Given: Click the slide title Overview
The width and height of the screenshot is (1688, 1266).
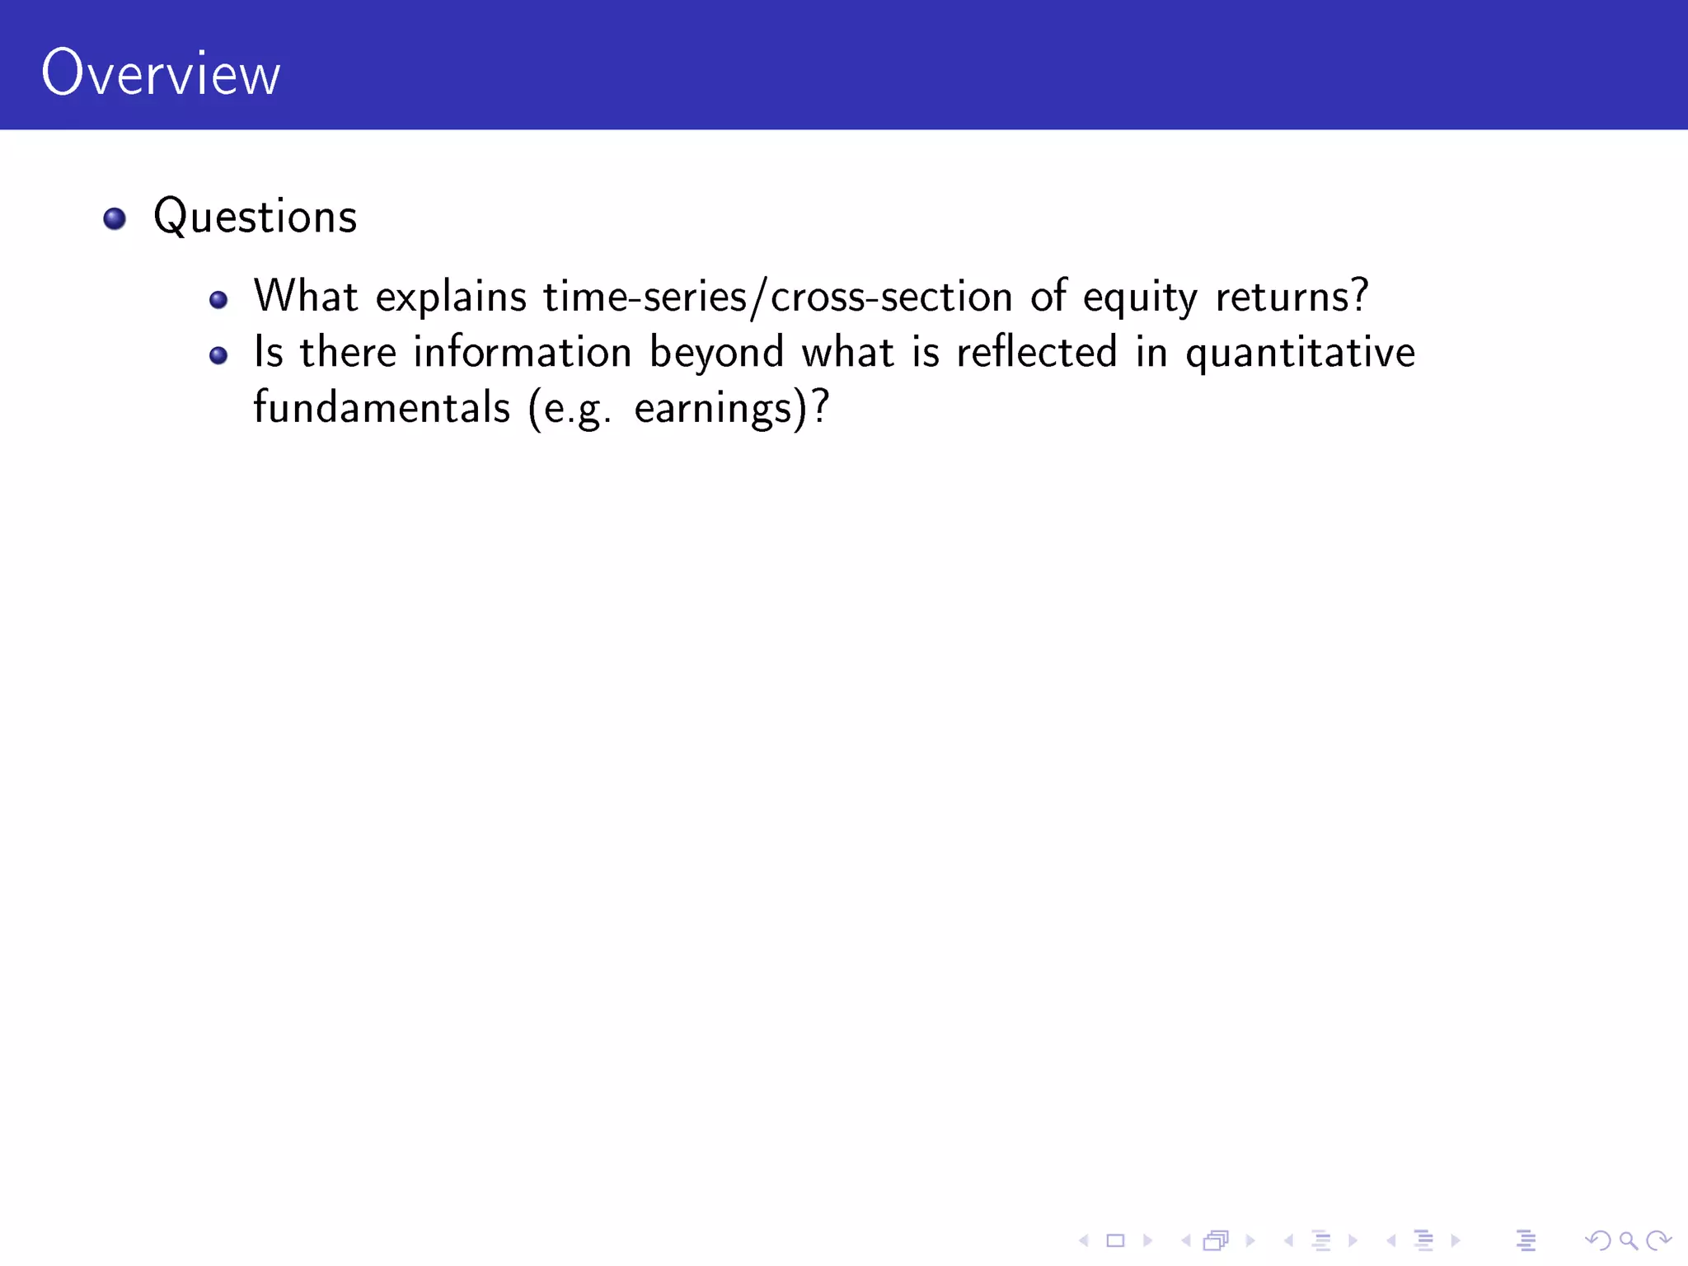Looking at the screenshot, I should click(x=161, y=73).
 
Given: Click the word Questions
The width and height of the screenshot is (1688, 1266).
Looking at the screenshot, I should click(x=255, y=218).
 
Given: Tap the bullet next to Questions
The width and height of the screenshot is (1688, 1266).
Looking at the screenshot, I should click(x=115, y=218).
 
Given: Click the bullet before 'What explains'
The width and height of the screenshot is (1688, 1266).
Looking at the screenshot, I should click(x=218, y=300).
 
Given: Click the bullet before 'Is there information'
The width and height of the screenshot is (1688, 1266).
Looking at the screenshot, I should click(x=218, y=355).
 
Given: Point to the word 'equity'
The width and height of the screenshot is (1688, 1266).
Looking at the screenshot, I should click(x=1139, y=298).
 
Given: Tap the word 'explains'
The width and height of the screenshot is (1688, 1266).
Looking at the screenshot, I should click(x=450, y=298).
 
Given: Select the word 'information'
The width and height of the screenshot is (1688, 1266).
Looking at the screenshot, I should click(x=522, y=353).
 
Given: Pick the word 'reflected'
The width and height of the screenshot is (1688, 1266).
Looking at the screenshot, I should click(x=1036, y=353).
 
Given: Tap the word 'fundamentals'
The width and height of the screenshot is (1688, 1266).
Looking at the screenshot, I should click(x=382, y=408).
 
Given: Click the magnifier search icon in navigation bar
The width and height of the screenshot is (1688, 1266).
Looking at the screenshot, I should click(x=1628, y=1240).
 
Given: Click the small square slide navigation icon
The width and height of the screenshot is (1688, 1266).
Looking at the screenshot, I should click(x=1115, y=1240).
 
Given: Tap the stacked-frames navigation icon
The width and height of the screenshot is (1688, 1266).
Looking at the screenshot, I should click(x=1217, y=1240).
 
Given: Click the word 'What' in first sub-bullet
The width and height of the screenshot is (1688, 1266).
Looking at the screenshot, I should click(x=305, y=297).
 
